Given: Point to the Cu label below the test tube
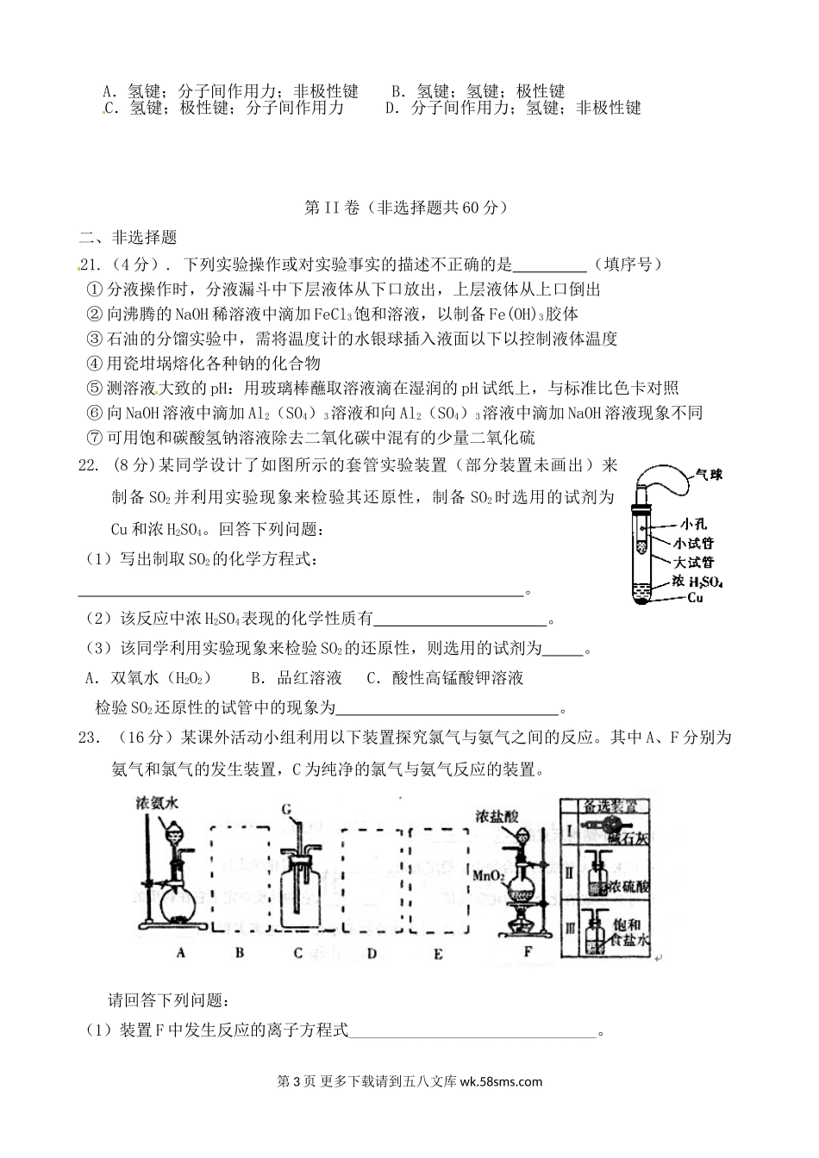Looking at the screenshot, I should click(x=695, y=597).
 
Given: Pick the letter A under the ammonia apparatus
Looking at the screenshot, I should click(x=181, y=952).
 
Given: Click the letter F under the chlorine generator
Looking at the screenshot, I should click(x=528, y=952).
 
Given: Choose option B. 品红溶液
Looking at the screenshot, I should click(x=296, y=678).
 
